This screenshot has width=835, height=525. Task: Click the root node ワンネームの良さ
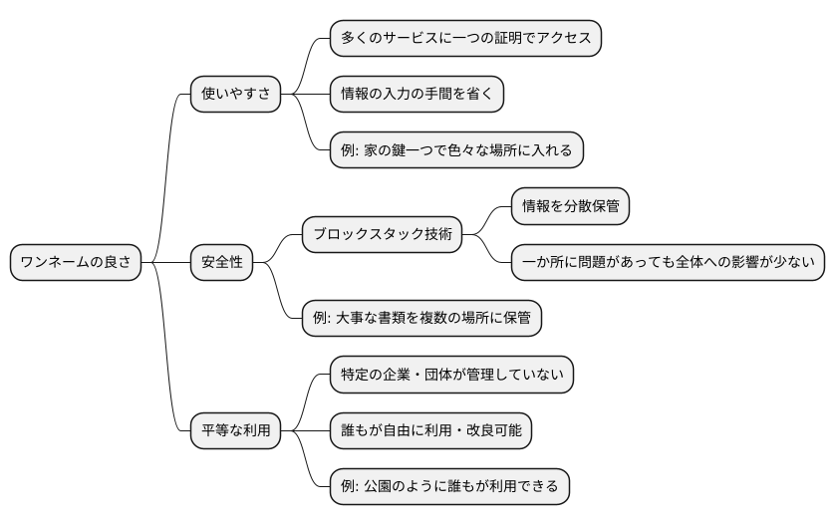(76, 263)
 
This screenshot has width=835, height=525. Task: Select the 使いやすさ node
(235, 95)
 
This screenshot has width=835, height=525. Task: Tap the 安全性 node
(222, 263)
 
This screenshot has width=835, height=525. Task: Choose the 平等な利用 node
(235, 430)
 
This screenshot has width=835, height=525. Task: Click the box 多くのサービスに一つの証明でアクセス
(466, 39)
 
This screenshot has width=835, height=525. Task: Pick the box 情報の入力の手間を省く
(417, 95)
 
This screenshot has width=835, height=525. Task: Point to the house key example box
(456, 150)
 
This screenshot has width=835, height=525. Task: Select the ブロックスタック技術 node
(383, 235)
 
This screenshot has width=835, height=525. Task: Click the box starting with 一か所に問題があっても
(669, 263)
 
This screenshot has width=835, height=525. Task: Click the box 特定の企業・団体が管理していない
(452, 375)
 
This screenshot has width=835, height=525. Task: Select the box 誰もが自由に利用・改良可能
(430, 430)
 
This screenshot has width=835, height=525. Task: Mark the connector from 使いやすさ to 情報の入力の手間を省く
(305, 95)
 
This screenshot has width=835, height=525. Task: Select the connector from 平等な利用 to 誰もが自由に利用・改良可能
(305, 430)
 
